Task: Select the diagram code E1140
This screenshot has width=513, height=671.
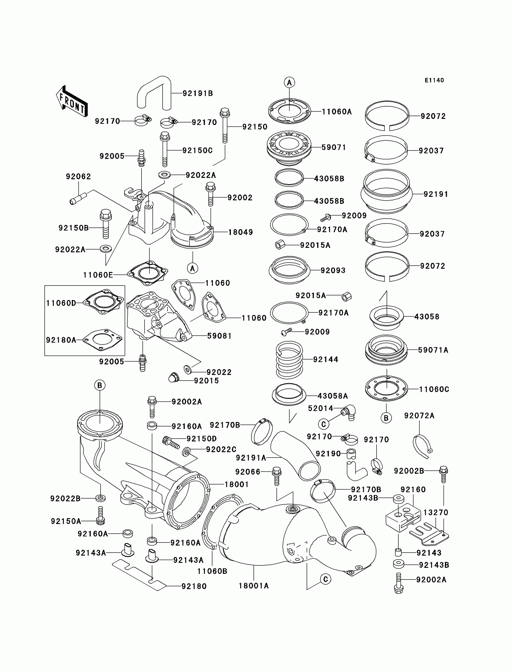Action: click(434, 80)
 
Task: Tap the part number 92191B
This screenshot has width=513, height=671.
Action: click(198, 94)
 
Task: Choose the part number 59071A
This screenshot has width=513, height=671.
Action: click(433, 350)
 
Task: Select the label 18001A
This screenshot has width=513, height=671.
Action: click(253, 586)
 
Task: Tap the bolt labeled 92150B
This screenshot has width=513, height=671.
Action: click(106, 224)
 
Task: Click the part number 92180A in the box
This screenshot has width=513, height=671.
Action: click(61, 340)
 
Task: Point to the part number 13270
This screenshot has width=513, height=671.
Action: click(435, 513)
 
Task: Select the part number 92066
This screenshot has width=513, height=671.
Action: click(248, 472)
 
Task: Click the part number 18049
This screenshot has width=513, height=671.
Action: click(241, 232)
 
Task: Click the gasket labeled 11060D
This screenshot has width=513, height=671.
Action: click(104, 302)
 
